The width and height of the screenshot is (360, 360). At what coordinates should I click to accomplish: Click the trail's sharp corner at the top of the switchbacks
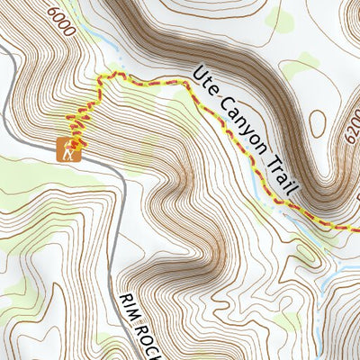100,79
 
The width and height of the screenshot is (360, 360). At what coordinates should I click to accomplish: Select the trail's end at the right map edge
356,227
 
